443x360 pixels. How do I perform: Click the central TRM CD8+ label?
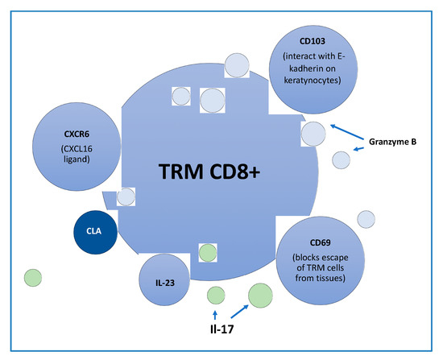(x=208, y=170)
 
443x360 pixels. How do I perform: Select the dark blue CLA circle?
(x=94, y=233)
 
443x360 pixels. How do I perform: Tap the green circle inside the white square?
(x=207, y=252)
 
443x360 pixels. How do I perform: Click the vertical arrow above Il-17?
(x=215, y=312)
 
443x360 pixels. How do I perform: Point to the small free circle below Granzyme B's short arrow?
(x=342, y=159)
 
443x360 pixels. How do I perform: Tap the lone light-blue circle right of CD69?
(x=366, y=219)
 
